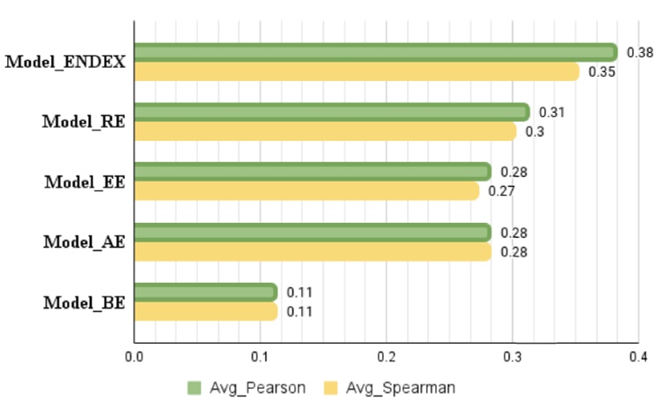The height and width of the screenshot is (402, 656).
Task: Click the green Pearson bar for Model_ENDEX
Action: tap(375, 53)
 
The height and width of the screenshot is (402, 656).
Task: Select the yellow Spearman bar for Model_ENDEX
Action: tap(356, 71)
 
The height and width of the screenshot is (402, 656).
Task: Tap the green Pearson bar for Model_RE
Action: tap(331, 112)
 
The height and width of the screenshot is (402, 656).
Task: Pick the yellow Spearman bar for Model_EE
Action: tap(306, 191)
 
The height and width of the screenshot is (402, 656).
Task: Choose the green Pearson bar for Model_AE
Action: tap(312, 233)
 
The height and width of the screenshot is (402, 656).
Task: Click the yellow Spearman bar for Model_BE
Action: tap(205, 311)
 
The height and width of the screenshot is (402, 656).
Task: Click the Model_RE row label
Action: tap(83, 122)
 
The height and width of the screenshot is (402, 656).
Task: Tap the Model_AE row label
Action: tap(83, 242)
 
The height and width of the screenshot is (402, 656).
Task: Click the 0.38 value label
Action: tap(639, 53)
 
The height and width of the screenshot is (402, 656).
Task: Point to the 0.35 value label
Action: tap(601, 72)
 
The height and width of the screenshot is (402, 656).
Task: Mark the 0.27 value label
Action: tap(501, 191)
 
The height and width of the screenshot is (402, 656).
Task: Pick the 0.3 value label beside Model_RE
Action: tap(534, 132)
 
